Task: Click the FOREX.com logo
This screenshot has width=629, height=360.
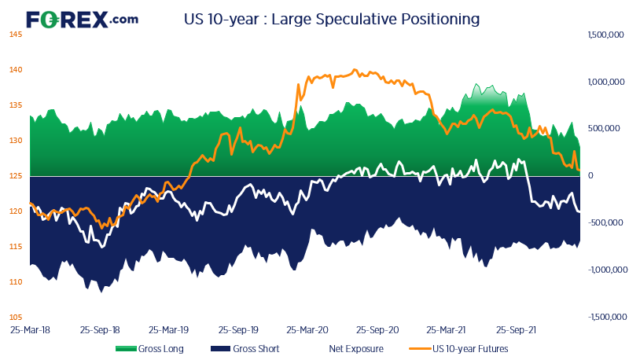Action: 82,18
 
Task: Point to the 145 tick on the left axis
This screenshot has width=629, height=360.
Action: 15,35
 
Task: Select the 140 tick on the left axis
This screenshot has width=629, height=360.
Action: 15,70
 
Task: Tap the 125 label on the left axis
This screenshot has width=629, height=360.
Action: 15,176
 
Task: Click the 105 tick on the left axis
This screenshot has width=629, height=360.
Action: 15,317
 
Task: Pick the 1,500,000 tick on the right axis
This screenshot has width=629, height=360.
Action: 605,35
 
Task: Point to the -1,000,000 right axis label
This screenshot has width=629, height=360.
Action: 605,270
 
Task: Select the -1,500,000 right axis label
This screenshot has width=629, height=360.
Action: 605,317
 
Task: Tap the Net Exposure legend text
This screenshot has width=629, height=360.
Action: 355,348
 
